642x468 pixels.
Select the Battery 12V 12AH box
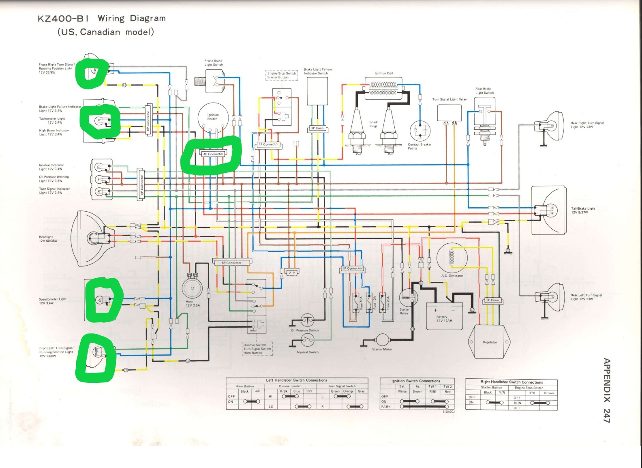[444, 316]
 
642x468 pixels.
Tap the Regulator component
[490, 342]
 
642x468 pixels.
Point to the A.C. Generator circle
[452, 258]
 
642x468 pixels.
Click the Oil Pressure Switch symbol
[307, 320]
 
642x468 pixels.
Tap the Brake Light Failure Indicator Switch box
[317, 91]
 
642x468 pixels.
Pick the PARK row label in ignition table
[385, 406]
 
